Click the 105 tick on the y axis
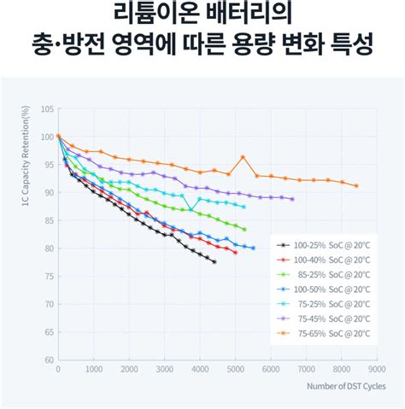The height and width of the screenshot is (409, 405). tap(48, 109)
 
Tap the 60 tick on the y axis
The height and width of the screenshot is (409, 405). tap(50, 359)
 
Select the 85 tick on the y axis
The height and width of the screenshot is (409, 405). tap(50, 220)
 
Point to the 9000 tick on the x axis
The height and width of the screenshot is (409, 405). tap(377, 369)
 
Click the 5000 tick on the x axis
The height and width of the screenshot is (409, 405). tap(235, 369)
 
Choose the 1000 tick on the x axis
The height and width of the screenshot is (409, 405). tap(93, 369)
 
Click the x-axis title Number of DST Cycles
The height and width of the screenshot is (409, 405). tap(348, 386)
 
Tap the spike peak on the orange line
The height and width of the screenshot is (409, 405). tap(243, 157)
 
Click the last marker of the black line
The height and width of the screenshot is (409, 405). tap(214, 262)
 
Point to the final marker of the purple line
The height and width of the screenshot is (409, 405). tap(292, 199)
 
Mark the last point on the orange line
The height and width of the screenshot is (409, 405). tap(356, 185)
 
